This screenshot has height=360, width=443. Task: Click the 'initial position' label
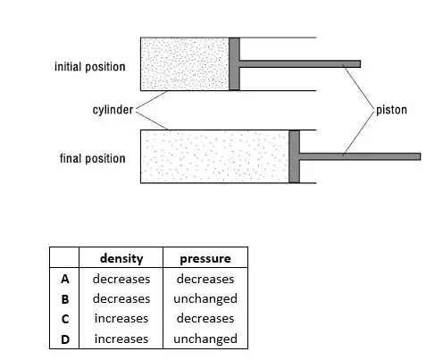pyautogui.click(x=90, y=67)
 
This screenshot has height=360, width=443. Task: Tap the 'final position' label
pyautogui.click(x=93, y=158)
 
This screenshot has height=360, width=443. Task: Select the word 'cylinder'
pyautogui.click(x=113, y=110)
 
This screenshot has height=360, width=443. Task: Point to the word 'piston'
pyautogui.click(x=391, y=110)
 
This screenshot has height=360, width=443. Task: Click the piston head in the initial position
pyautogui.click(x=234, y=63)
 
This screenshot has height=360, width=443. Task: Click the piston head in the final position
pyautogui.click(x=294, y=156)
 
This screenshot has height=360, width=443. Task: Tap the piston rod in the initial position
pyautogui.click(x=300, y=63)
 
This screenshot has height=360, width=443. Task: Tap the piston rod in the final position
pyautogui.click(x=360, y=156)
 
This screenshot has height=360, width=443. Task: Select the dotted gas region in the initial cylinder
pyautogui.click(x=185, y=63)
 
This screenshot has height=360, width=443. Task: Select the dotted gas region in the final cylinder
pyautogui.click(x=215, y=156)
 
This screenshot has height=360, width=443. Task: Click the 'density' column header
pyautogui.click(x=121, y=258)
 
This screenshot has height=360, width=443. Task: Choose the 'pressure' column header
pyautogui.click(x=205, y=258)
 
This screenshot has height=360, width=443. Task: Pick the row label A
pyautogui.click(x=65, y=279)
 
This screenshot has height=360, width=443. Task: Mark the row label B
pyautogui.click(x=65, y=299)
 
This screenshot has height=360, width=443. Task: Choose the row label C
pyautogui.click(x=65, y=319)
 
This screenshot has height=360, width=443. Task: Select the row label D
pyautogui.click(x=65, y=339)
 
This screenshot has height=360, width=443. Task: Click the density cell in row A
pyautogui.click(x=121, y=279)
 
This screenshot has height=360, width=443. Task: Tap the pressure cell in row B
pyautogui.click(x=205, y=299)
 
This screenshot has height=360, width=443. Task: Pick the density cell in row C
pyautogui.click(x=121, y=319)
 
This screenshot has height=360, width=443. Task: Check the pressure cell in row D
pyautogui.click(x=205, y=339)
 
